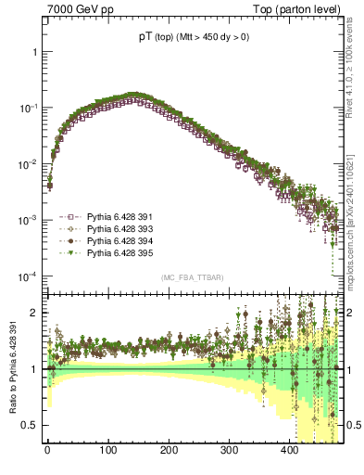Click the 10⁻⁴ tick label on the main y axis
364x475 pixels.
click(29, 276)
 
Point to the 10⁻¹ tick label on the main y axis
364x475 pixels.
click(29, 108)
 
